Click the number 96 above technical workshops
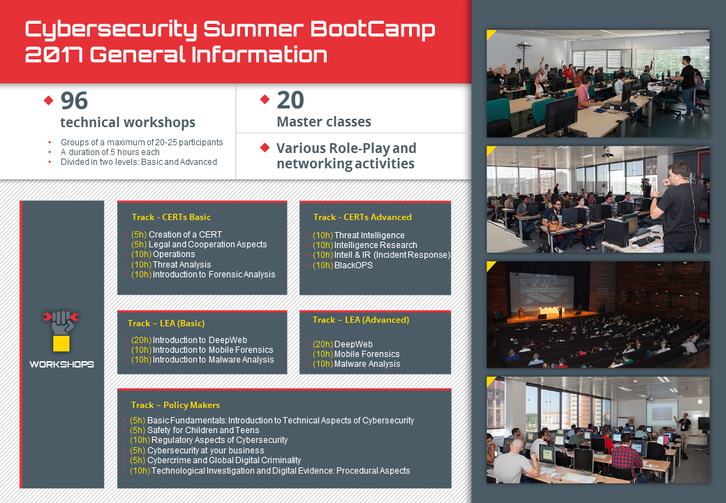pyautogui.click(x=74, y=101)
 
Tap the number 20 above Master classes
pyautogui.click(x=290, y=100)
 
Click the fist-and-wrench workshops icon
pyautogui.click(x=61, y=330)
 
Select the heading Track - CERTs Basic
pyautogui.click(x=171, y=217)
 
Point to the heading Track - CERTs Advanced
pyautogui.click(x=362, y=217)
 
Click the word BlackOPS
pyautogui.click(x=353, y=265)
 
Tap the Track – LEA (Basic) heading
pyautogui.click(x=166, y=323)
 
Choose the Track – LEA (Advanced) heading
pyautogui.click(x=361, y=319)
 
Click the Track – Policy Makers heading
pyautogui.click(x=175, y=404)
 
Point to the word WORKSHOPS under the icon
pyautogui.click(x=61, y=365)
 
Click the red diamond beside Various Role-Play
pyautogui.click(x=265, y=147)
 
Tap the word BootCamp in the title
pyautogui.click(x=373, y=29)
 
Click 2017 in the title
pyautogui.click(x=54, y=54)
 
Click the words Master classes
pyautogui.click(x=324, y=122)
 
